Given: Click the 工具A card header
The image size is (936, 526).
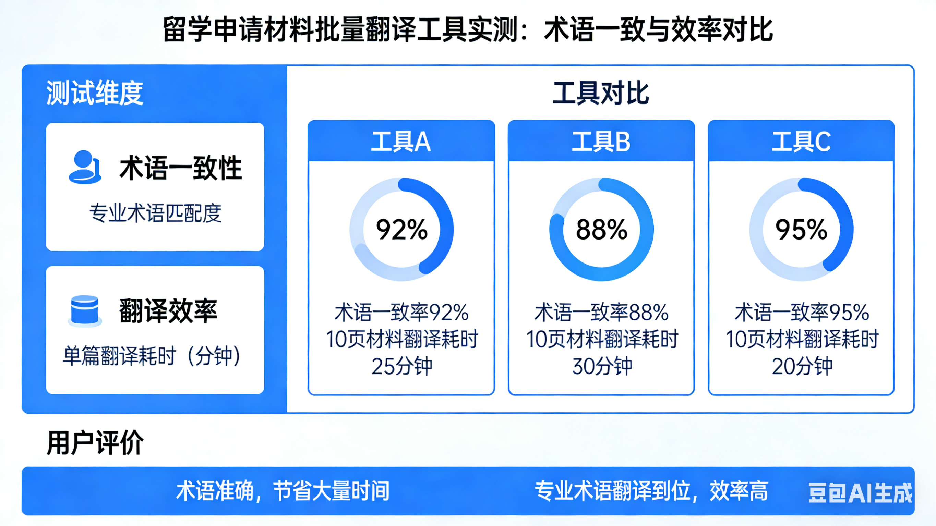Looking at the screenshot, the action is point(401,141).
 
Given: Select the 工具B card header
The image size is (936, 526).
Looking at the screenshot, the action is point(601,141).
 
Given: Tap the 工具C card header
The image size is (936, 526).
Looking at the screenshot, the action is point(801,141).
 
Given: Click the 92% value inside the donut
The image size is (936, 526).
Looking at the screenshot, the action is point(401,230).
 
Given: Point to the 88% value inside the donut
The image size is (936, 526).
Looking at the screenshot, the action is point(602,230).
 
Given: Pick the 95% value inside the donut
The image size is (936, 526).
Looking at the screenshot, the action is point(802,230).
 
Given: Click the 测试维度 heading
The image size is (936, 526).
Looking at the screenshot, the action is point(95,93).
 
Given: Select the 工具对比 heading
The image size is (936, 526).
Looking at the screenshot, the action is point(601,93).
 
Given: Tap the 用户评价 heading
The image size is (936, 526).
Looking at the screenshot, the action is point(95,442).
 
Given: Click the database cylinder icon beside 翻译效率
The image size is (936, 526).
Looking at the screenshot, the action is point(85,310).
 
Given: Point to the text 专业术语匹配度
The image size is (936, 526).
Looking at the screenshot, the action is point(156,213).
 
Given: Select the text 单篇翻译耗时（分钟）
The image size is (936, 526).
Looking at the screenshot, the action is point(152,356).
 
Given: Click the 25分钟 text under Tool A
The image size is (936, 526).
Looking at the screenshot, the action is point(402,366).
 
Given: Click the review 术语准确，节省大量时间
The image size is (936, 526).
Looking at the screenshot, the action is point(283,491).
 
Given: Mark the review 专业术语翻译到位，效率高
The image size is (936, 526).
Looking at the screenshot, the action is point(651,491).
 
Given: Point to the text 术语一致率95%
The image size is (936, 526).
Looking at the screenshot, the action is point(802,313).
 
